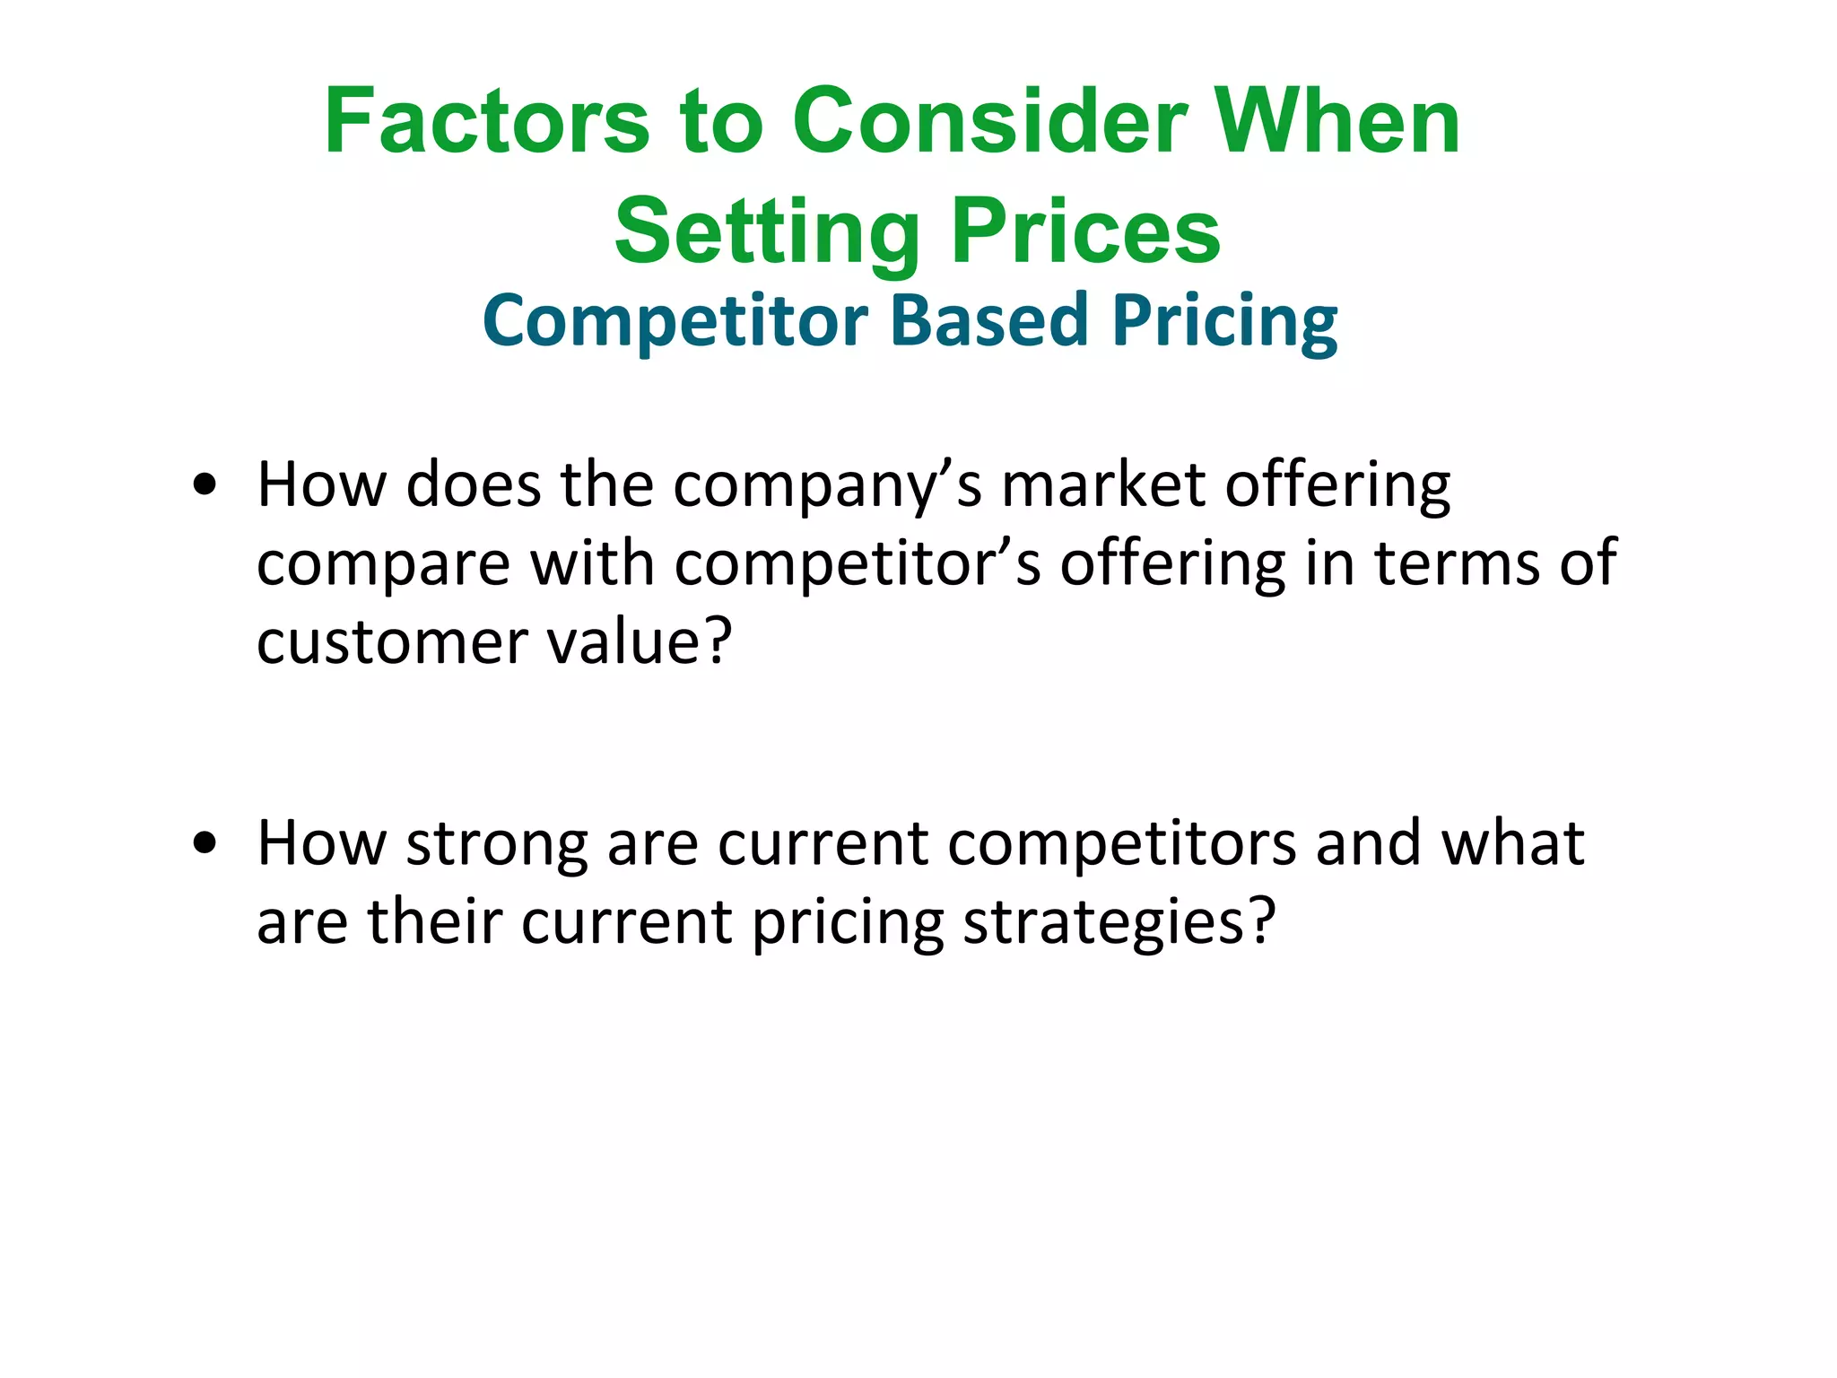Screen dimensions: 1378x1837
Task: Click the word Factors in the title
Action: tap(486, 122)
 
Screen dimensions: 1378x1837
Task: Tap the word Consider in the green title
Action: tap(989, 122)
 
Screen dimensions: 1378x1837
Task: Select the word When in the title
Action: tap(1336, 122)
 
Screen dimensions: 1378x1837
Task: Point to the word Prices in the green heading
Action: tap(1085, 233)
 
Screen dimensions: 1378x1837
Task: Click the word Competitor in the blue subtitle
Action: tap(675, 321)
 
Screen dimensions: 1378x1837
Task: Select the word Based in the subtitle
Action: tap(989, 321)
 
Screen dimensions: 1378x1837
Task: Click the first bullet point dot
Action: tap(205, 485)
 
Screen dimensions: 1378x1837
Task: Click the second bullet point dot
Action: tap(205, 844)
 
